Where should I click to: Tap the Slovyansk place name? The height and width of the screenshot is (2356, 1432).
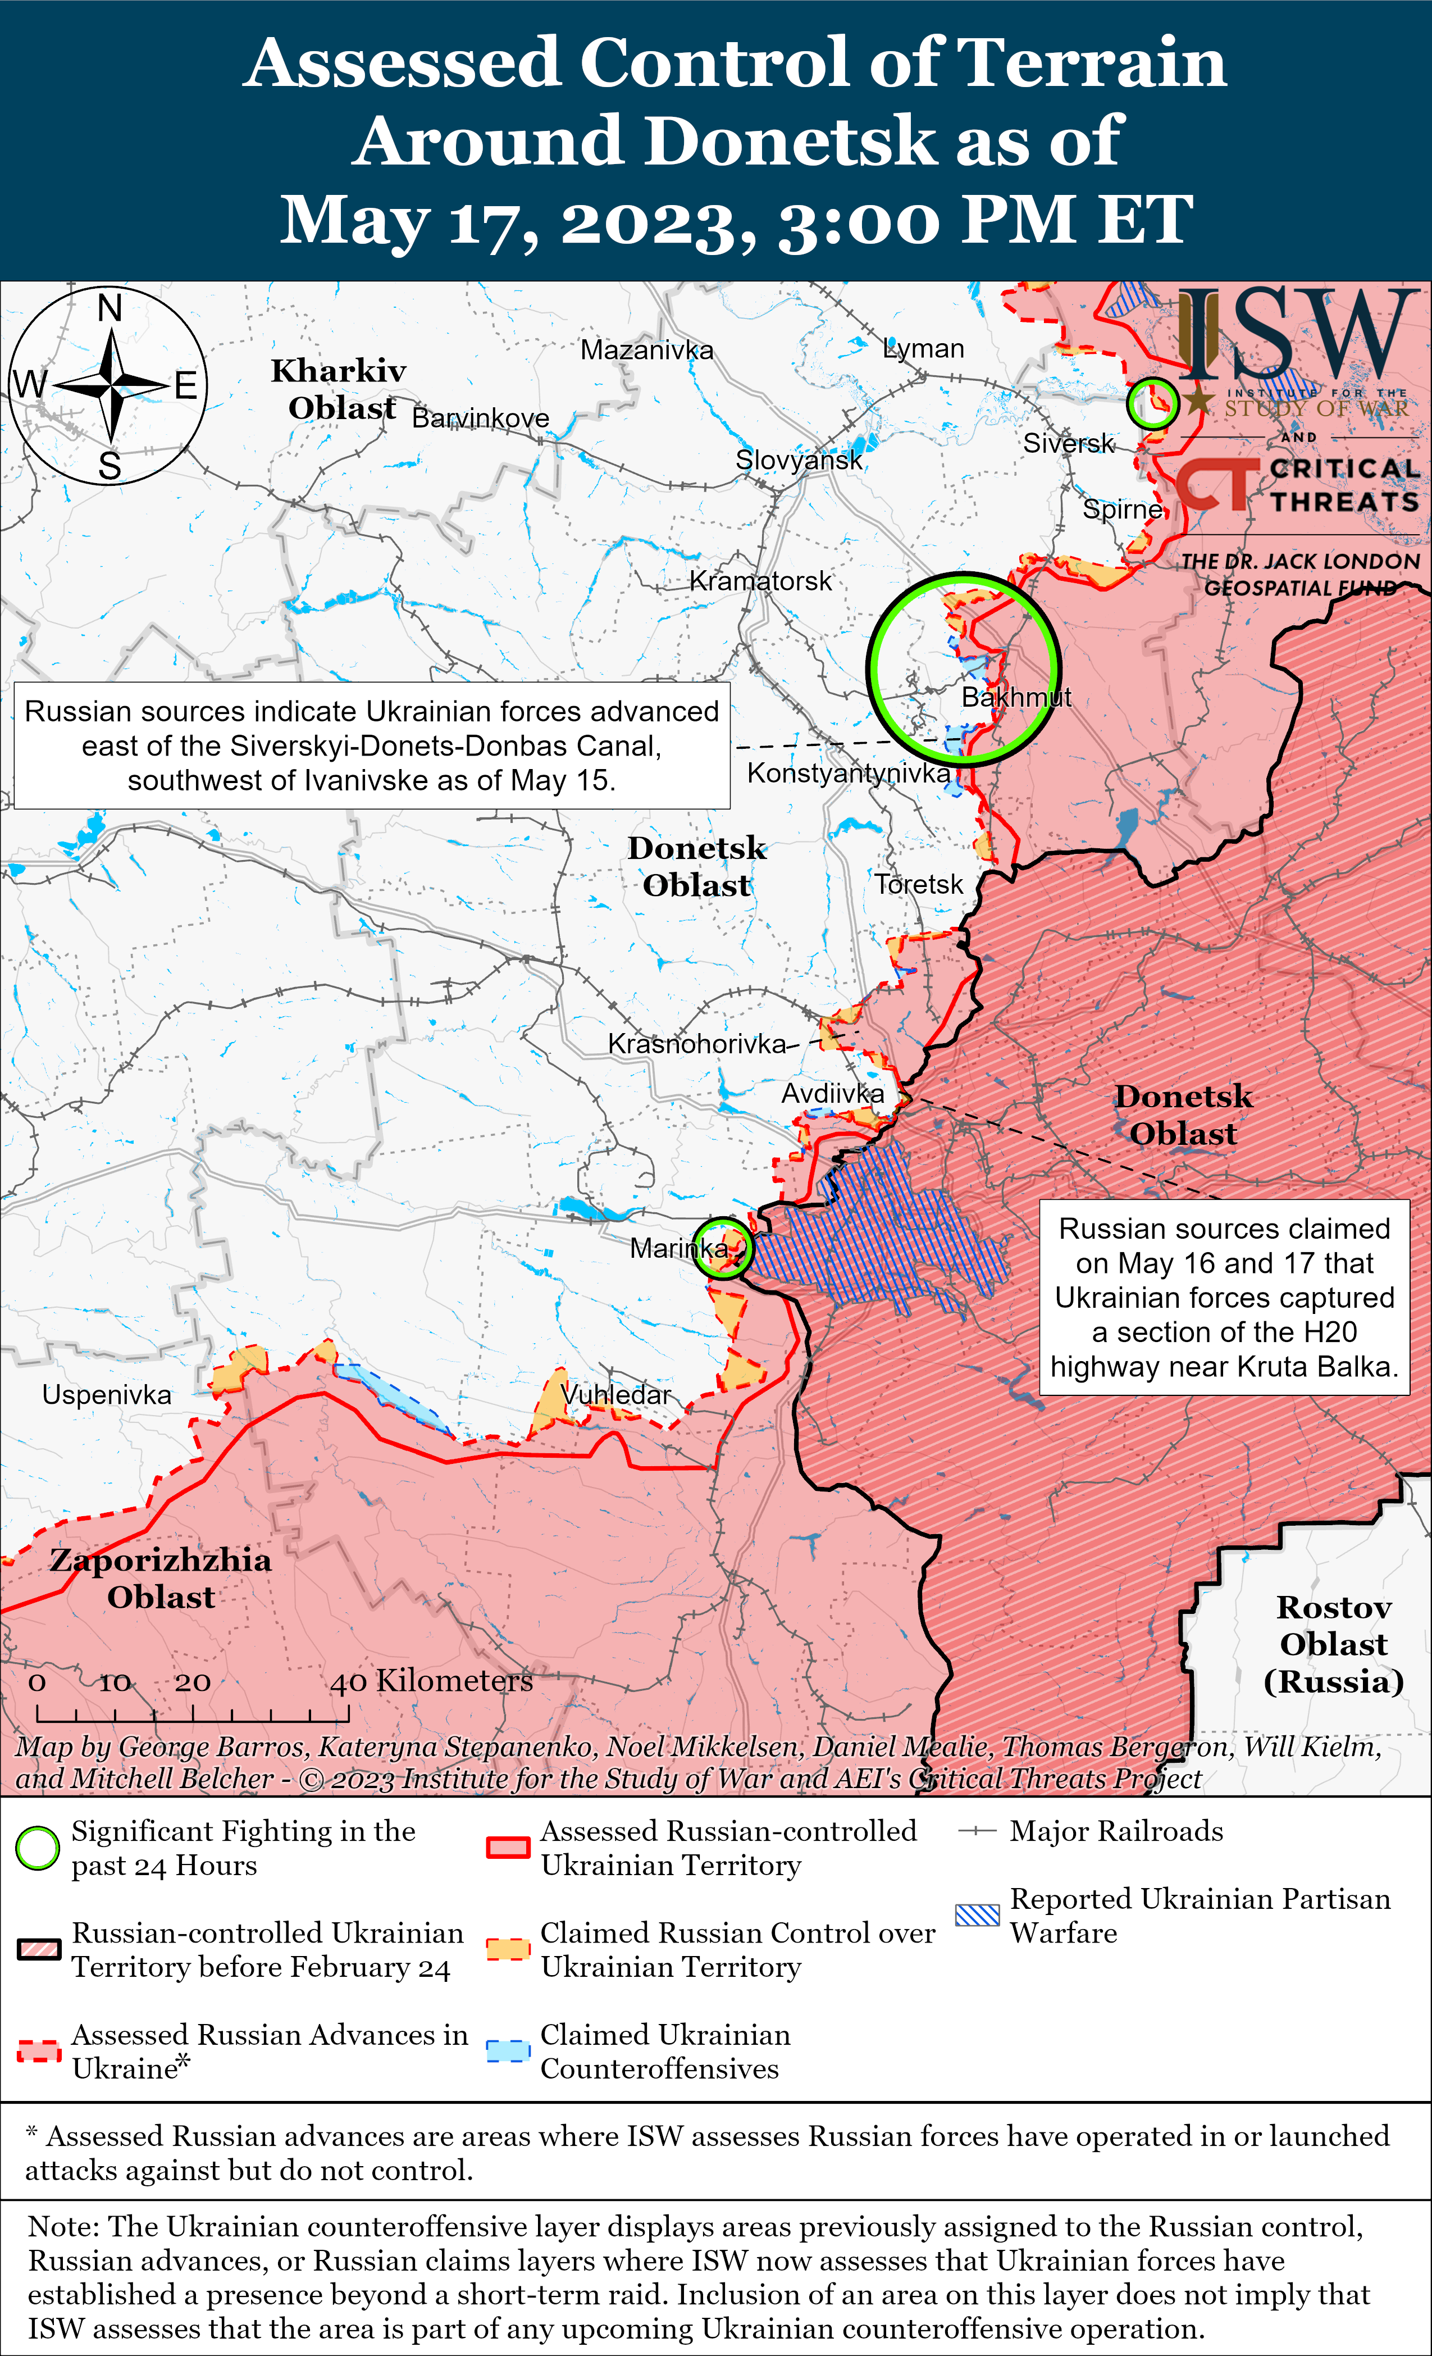point(798,460)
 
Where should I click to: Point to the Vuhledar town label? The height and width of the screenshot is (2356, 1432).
point(617,1394)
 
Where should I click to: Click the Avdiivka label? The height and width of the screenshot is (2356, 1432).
point(833,1093)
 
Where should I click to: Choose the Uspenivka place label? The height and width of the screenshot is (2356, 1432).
point(106,1394)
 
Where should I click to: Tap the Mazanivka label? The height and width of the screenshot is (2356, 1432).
point(646,350)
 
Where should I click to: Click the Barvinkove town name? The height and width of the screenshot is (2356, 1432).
point(480,418)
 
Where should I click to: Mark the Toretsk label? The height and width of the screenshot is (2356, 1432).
point(919,884)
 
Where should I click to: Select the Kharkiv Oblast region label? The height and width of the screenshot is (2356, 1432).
point(339,389)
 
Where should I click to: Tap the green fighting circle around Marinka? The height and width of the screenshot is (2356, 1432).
point(723,1248)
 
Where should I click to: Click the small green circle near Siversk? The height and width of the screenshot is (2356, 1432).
point(1152,403)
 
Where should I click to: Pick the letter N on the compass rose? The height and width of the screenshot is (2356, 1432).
point(110,309)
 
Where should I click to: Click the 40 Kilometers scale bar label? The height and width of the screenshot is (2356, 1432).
point(431,1681)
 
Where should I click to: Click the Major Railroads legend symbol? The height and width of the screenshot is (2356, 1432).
point(977,1830)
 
